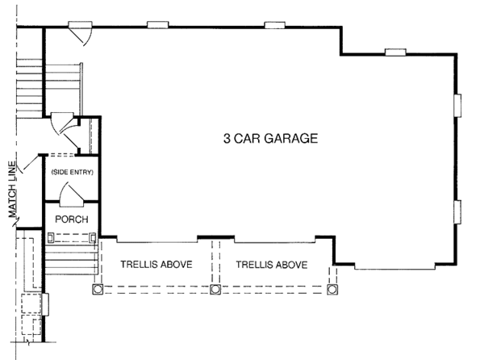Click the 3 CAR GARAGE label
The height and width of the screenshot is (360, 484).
coord(270,138)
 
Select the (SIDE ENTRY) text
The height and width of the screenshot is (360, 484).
coord(73,173)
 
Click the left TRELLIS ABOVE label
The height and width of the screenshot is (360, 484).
coord(156,264)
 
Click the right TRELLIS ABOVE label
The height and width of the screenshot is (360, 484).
coord(272,264)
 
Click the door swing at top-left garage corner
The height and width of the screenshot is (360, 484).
coord(81,36)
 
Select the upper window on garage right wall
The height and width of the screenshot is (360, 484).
coord(458,107)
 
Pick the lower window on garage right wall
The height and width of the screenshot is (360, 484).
coord(458,211)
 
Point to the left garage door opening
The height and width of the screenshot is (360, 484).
coord(158,240)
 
